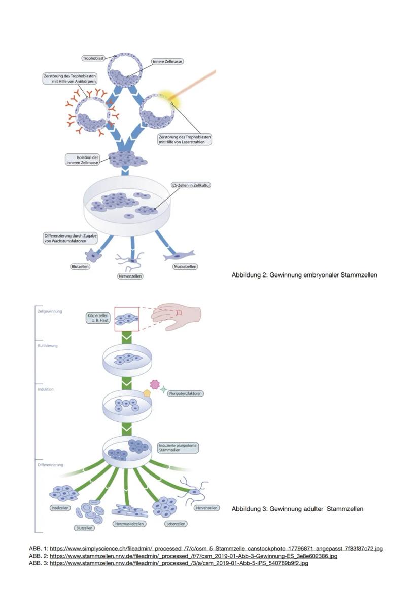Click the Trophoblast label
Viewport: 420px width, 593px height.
[93, 58]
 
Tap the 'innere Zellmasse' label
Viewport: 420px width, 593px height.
[167, 61]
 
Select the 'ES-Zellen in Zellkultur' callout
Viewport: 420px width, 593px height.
[191, 186]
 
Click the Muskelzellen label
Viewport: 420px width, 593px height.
[185, 266]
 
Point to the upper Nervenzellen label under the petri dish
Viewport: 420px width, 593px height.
[130, 276]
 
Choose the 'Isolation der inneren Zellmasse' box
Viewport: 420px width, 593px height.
[82, 160]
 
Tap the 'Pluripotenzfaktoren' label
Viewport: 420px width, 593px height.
[186, 393]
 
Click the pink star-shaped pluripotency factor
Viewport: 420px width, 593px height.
[155, 384]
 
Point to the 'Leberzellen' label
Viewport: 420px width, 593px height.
[176, 524]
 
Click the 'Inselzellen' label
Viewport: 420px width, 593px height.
[60, 508]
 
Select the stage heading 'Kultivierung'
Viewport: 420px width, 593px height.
[48, 346]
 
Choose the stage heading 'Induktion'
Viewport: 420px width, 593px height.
[46, 389]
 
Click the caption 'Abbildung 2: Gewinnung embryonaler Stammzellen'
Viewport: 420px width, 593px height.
[304, 275]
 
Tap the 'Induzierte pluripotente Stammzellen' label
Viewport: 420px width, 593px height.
[178, 448]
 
